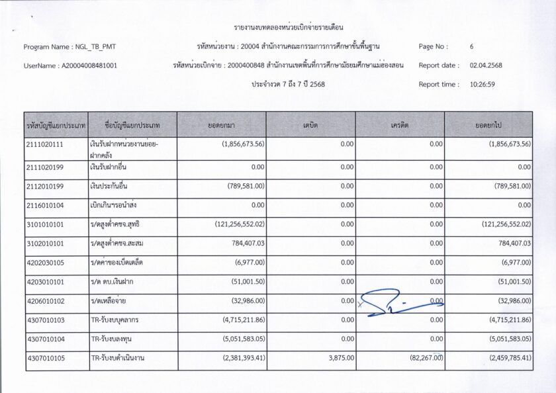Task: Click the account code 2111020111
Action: click(45, 144)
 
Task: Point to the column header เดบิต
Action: click(310, 124)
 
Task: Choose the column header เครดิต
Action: click(400, 124)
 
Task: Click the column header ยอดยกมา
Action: click(222, 124)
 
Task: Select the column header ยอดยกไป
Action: click(488, 124)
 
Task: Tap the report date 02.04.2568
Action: click(486, 65)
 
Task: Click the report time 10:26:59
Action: click(483, 85)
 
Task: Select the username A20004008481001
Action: click(89, 66)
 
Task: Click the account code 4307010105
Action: click(45, 359)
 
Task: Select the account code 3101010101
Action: click(45, 224)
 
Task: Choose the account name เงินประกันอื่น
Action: click(109, 186)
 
